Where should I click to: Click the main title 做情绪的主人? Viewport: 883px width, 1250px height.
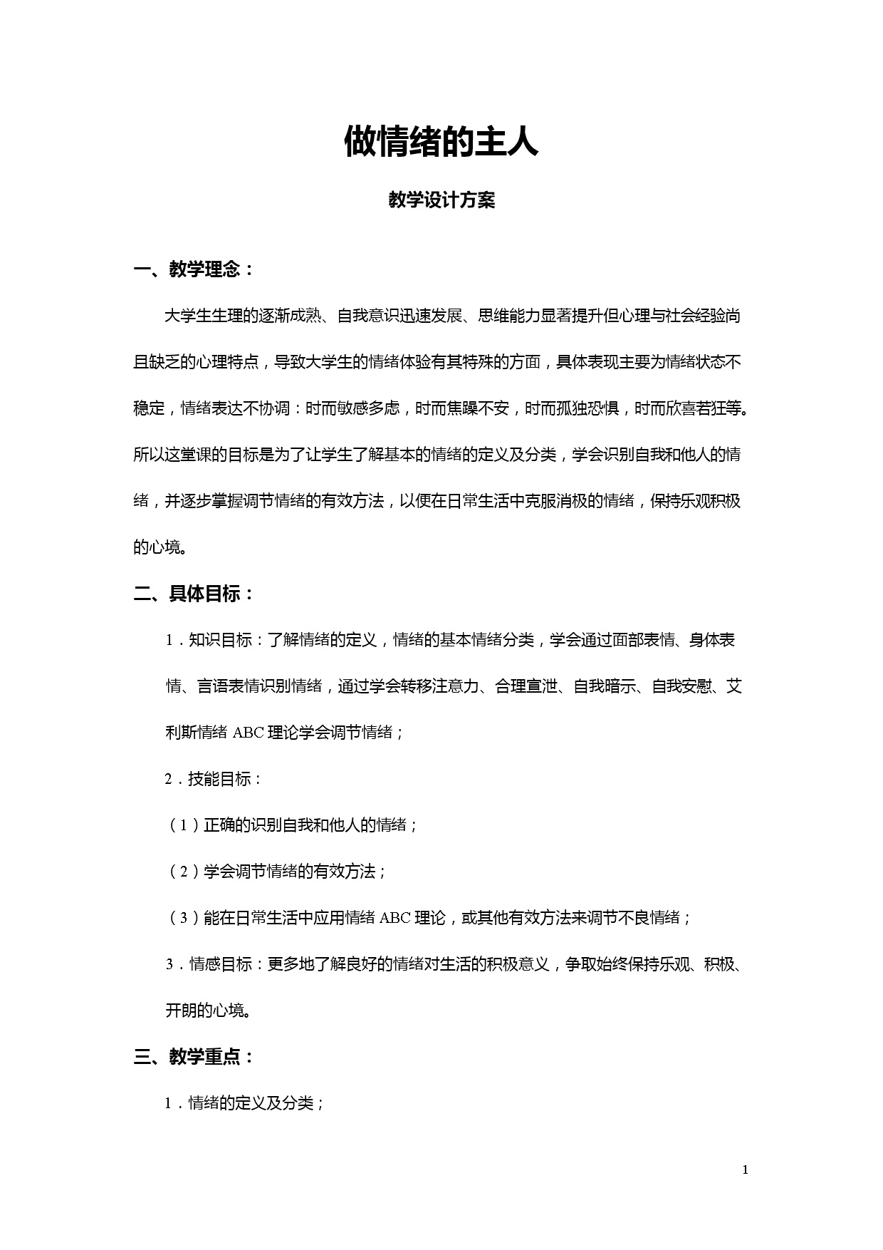pos(441,142)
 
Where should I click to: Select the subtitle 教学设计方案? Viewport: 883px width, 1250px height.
pos(441,201)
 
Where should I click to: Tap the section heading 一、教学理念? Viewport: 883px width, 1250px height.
pos(194,270)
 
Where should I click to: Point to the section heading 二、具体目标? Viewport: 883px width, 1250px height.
pos(194,594)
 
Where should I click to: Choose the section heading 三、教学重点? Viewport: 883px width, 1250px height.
pos(194,1057)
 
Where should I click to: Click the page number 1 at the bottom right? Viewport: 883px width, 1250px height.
pos(745,1170)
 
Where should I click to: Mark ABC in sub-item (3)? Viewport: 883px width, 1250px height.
pos(395,918)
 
